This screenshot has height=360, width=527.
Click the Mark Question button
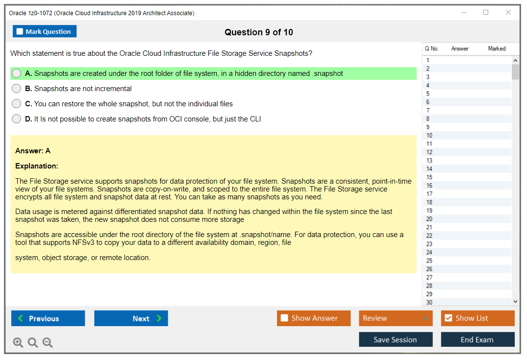click(x=45, y=31)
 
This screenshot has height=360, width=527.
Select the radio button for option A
click(x=17, y=73)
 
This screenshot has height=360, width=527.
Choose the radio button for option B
click(x=17, y=88)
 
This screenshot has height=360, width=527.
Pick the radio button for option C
click(x=17, y=103)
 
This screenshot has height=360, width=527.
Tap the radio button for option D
click(x=17, y=119)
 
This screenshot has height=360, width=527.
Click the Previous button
click(x=48, y=318)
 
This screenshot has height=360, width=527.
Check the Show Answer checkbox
click(x=284, y=318)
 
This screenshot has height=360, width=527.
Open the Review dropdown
click(x=396, y=318)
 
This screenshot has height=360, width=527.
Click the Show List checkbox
click(x=449, y=318)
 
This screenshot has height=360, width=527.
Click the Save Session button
click(x=396, y=339)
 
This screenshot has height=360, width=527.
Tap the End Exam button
click(x=477, y=339)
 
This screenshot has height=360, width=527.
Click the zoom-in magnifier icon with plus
click(x=18, y=342)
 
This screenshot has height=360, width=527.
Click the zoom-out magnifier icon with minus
click(x=48, y=342)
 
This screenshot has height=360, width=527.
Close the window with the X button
click(x=508, y=12)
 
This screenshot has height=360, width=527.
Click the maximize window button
click(x=486, y=12)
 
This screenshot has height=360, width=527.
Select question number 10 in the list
click(x=429, y=135)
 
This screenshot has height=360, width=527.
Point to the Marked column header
click(x=497, y=48)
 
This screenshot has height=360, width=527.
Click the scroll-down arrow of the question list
click(x=515, y=302)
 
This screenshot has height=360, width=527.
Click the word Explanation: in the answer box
click(x=37, y=166)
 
